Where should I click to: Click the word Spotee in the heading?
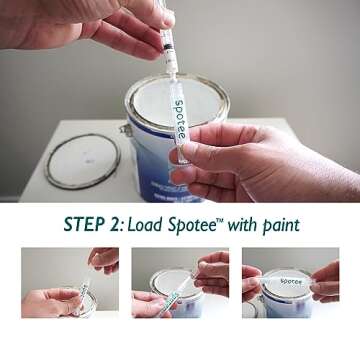tap(211, 224)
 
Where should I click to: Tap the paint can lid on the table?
tap(83, 160)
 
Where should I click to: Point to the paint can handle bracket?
tap(126, 131)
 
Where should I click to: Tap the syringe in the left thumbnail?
tap(84, 293)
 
